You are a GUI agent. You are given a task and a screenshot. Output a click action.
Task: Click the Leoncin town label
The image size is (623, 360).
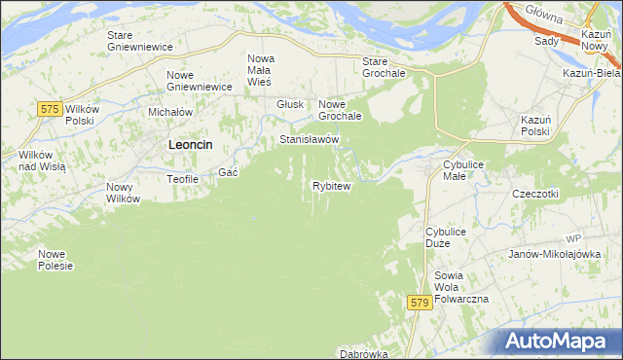pos(191,144)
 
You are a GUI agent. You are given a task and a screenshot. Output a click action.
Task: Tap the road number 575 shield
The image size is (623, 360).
pos(52,110)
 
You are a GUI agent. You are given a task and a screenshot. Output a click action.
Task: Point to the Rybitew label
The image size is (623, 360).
pos(331,186)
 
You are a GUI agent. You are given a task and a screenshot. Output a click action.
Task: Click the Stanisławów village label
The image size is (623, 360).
pos(309,140)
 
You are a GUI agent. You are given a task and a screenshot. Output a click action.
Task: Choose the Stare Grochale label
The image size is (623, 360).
pos(382,67)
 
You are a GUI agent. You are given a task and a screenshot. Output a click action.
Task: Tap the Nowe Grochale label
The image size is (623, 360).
pos(341,110)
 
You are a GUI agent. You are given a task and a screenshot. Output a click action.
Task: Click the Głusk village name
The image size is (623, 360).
pos(290,105)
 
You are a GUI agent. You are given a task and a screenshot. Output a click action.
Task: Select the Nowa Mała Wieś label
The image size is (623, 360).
pos(260,70)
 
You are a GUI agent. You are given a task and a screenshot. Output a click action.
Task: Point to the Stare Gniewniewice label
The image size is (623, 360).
pos(139,41)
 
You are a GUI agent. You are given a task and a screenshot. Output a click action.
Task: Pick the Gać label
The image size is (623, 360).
pos(229,172)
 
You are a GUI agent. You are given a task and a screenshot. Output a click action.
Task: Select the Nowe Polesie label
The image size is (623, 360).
pos(55,260)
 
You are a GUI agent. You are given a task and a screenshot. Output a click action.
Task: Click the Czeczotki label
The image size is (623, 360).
pos(535,194)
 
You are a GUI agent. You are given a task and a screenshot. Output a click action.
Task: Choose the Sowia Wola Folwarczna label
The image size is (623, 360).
pos(461,287)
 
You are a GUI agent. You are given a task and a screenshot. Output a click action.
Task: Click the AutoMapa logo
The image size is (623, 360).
pos(562,341)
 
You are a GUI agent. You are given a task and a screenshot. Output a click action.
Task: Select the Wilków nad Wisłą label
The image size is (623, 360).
pos(41,161)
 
